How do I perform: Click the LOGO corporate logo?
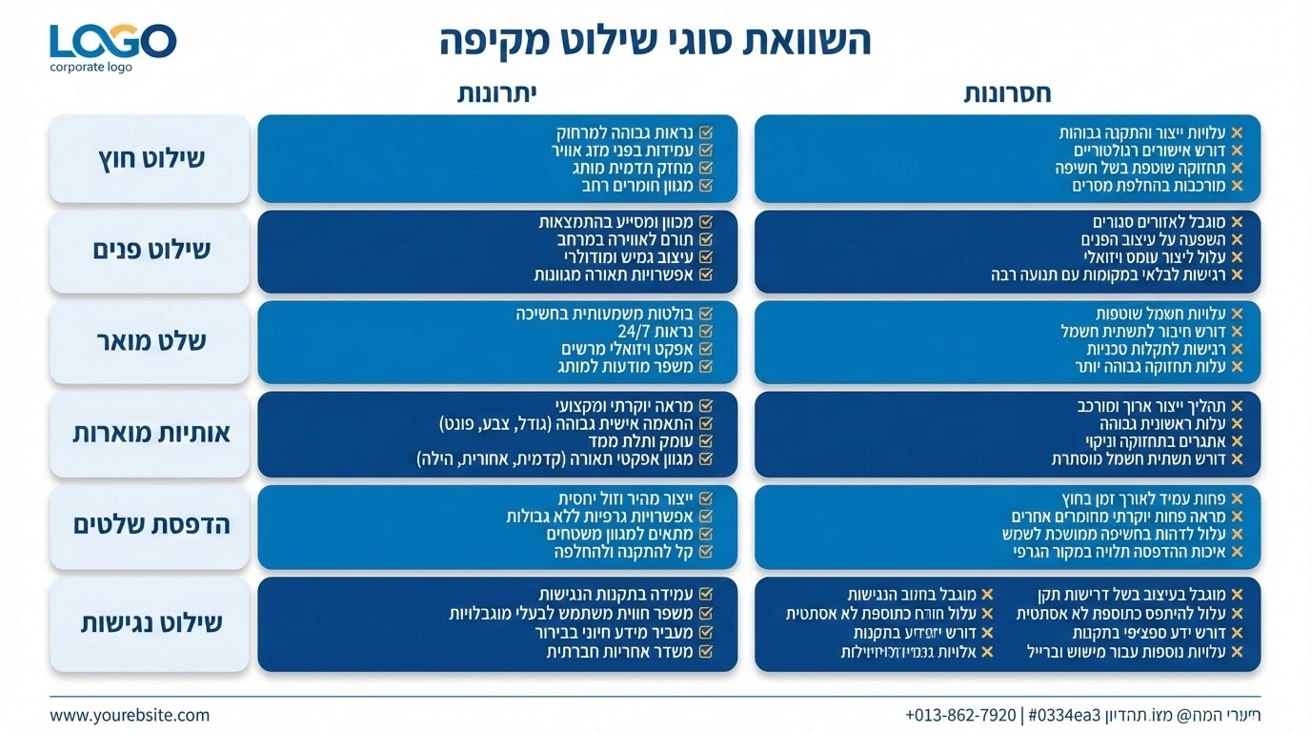(112, 47)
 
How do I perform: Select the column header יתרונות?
(497, 93)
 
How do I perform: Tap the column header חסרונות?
(1007, 93)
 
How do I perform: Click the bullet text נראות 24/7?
(655, 331)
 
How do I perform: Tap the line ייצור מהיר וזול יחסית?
(624, 498)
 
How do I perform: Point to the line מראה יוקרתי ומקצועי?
(623, 405)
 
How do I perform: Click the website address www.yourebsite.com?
(130, 714)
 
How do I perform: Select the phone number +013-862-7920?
(960, 714)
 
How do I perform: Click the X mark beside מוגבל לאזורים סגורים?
(1237, 222)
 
